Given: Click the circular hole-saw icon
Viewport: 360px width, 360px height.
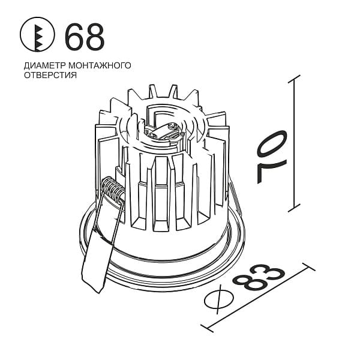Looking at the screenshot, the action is [37, 34].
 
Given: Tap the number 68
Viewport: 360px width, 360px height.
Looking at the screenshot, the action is [85, 37].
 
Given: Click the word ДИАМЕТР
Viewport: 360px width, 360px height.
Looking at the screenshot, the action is [45, 65].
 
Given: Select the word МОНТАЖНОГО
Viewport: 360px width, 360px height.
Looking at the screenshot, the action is [100, 65].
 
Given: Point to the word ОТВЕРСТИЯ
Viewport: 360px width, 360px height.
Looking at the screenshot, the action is [50, 75].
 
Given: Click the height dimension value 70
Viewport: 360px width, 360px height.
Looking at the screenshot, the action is [272, 157].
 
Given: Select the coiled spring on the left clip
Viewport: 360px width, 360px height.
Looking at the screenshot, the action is [113, 190].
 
